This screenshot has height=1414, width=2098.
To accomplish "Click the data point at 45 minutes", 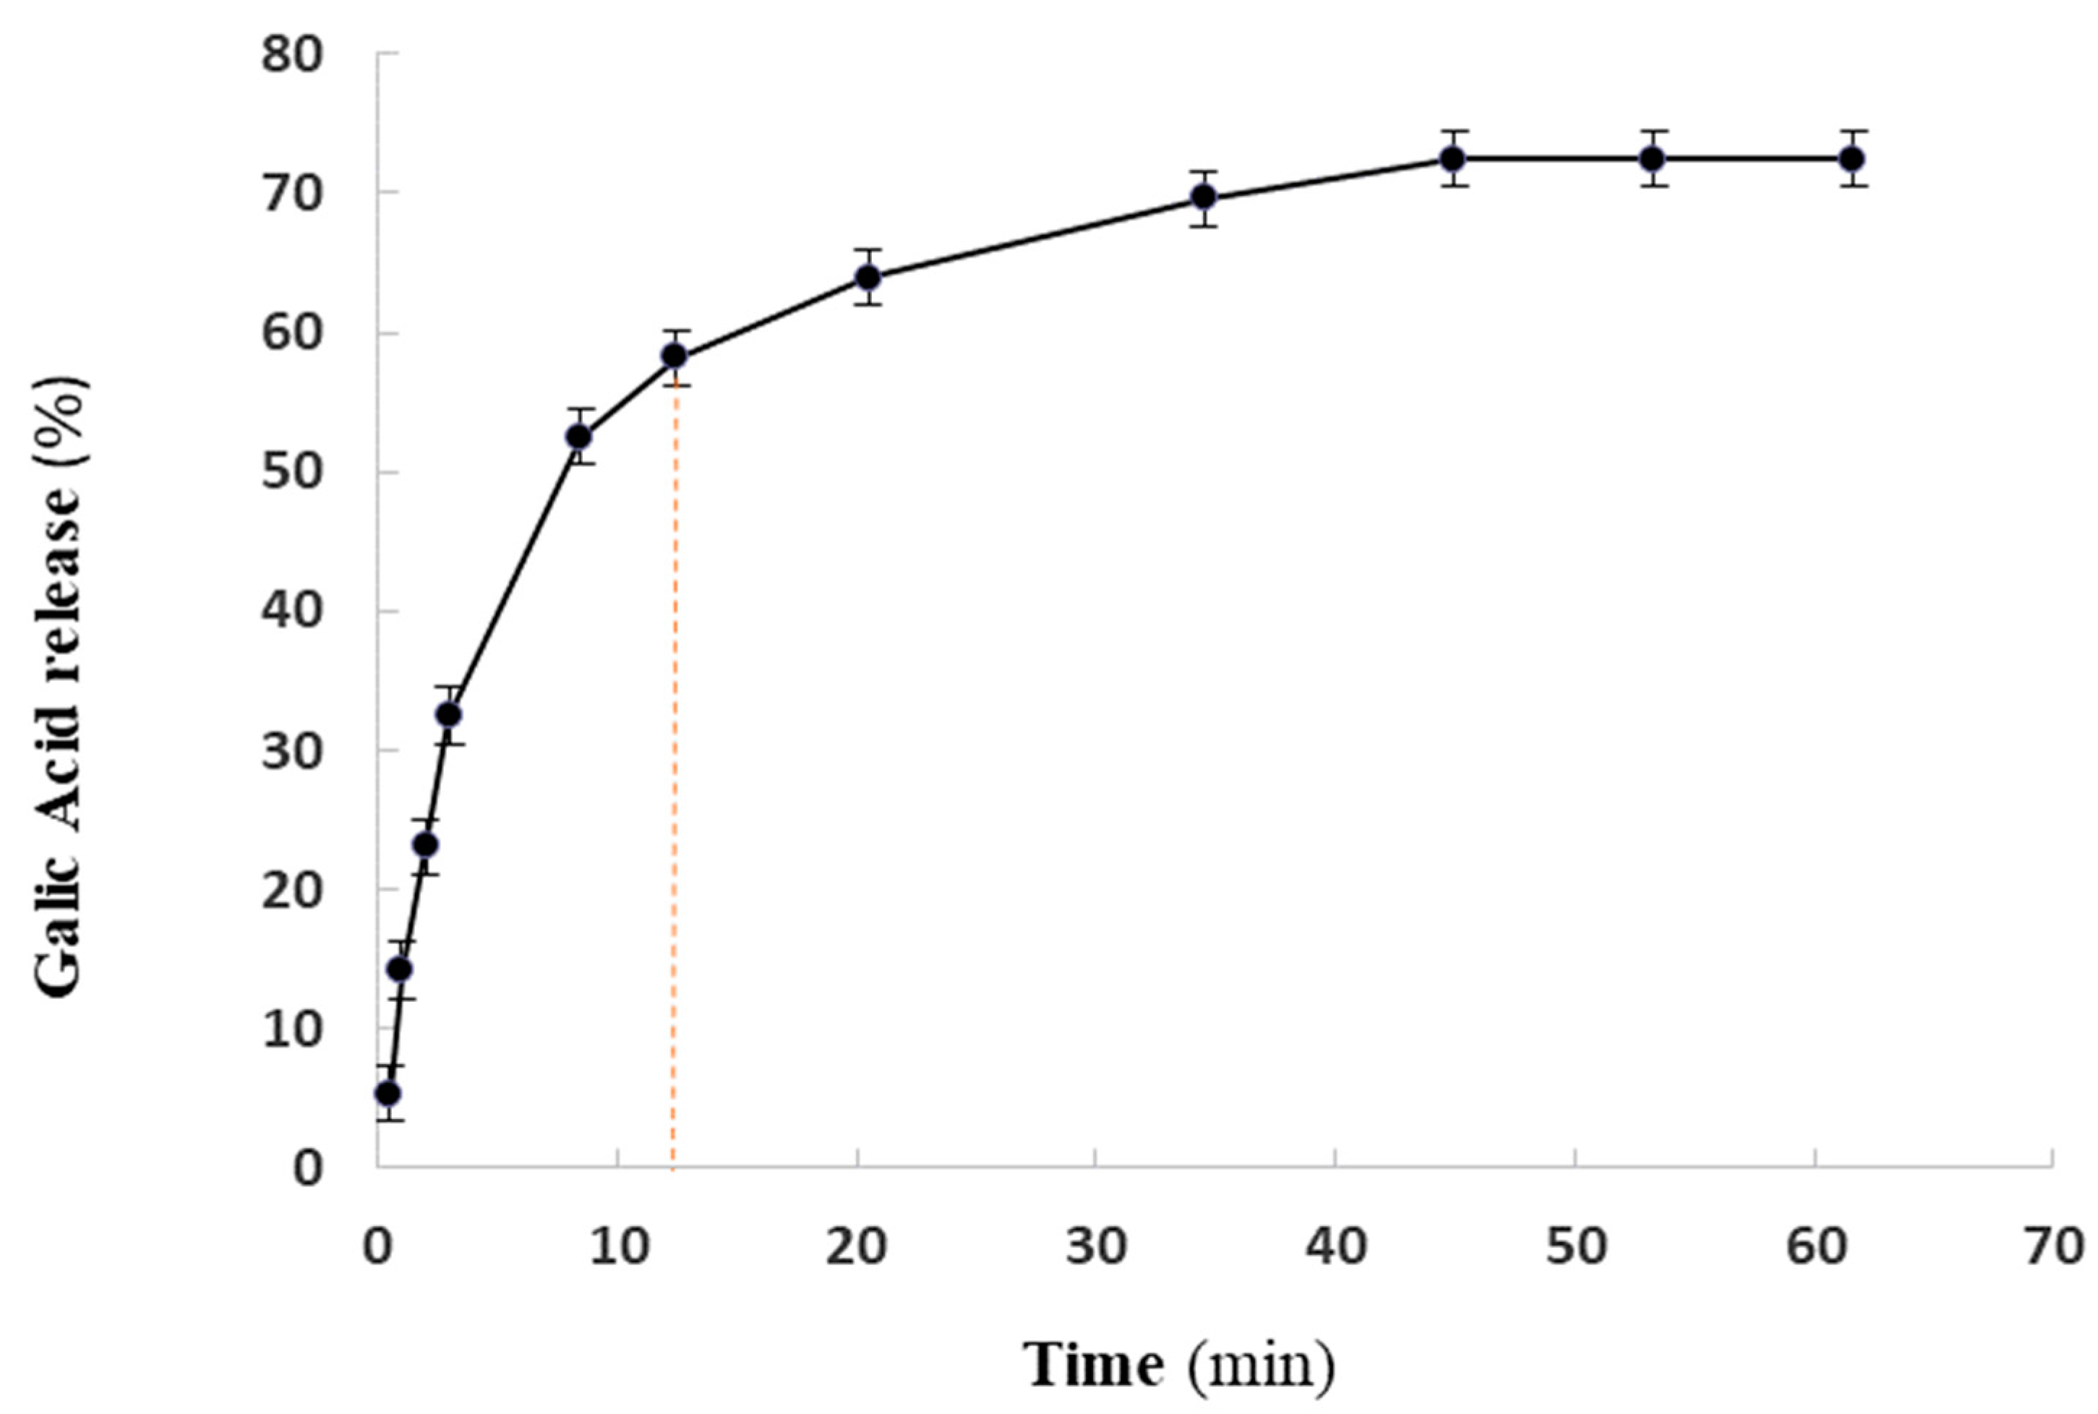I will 1452,159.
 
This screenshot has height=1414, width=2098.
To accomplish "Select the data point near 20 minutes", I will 868,277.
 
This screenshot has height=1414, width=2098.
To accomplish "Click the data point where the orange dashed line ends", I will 675,357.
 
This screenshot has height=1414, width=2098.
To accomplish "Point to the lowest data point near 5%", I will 388,1093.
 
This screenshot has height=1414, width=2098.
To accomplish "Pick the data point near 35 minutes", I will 1204,197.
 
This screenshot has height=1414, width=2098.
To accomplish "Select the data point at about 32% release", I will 449,714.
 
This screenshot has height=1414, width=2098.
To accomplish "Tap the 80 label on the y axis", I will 291,56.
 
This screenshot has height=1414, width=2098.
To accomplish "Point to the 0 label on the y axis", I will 307,1169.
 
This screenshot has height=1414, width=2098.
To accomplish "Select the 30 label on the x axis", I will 1095,1247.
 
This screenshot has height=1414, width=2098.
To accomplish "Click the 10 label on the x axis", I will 619,1247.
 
